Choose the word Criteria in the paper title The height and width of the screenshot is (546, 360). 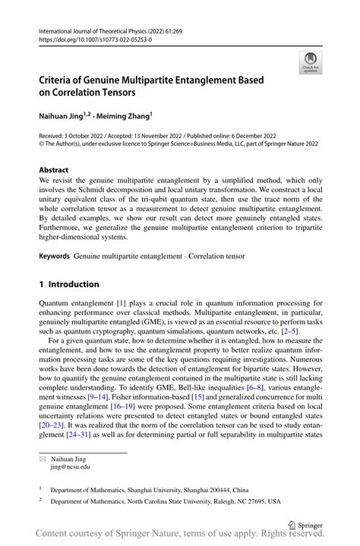click(x=62, y=78)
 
